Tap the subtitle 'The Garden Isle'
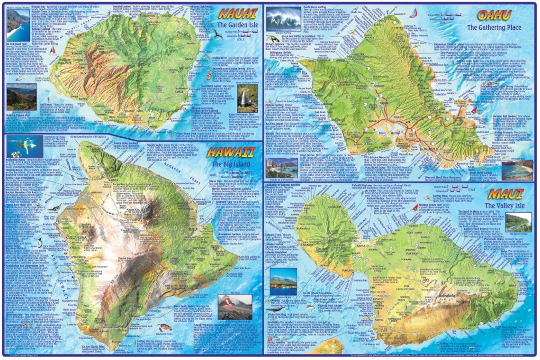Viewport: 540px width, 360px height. point(235,25)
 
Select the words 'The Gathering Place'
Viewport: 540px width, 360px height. point(494,27)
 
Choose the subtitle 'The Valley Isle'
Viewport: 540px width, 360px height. point(500,206)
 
